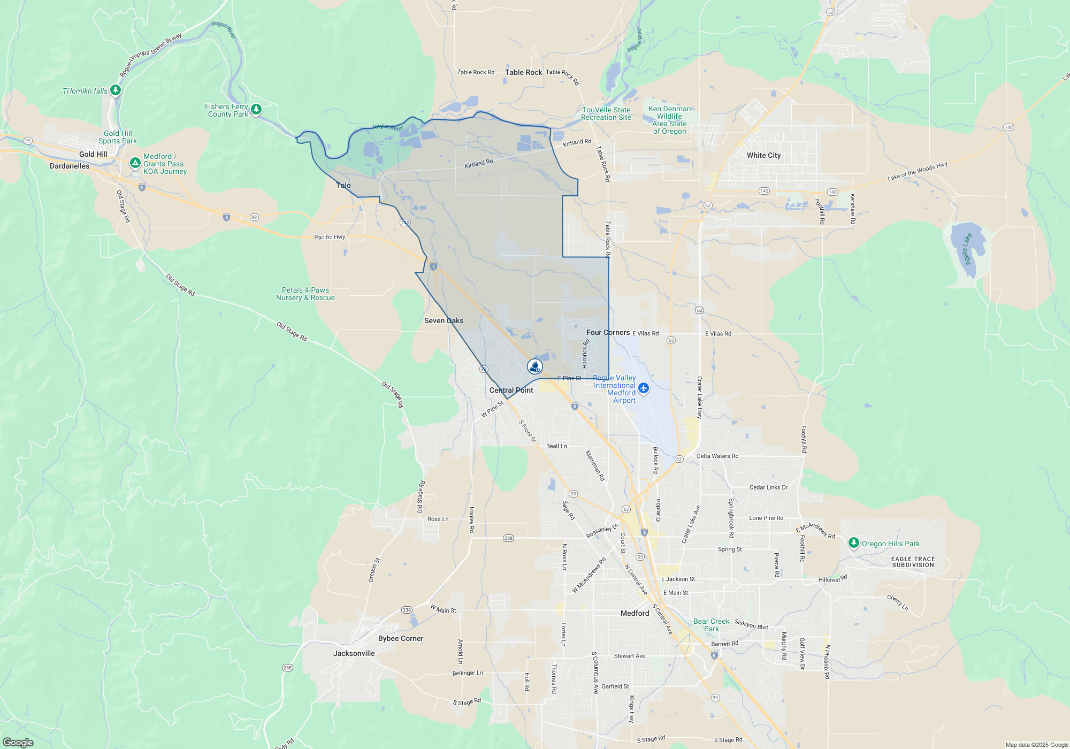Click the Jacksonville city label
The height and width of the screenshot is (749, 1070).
[354, 653]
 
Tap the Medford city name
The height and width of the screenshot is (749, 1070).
[635, 613]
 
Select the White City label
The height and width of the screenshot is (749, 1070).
[763, 155]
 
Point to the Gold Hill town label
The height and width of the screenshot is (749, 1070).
[93, 154]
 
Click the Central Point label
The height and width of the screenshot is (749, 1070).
[511, 390]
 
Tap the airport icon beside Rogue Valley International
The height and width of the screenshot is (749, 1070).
[644, 388]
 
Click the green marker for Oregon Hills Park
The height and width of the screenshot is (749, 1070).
[854, 543]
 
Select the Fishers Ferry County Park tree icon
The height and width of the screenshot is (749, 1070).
[256, 109]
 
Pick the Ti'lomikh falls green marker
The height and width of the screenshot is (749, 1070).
[115, 89]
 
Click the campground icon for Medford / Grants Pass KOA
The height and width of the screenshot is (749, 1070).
[135, 162]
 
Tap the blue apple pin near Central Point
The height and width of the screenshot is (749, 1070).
[534, 366]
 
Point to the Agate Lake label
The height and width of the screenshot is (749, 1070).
[967, 248]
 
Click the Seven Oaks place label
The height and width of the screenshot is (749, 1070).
[444, 320]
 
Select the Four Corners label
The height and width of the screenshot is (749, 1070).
[608, 332]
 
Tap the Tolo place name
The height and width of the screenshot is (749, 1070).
[343, 185]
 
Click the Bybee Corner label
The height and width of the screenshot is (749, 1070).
[400, 638]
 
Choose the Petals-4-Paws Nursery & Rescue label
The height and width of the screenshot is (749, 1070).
[305, 294]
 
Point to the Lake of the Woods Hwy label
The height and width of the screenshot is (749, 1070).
[917, 171]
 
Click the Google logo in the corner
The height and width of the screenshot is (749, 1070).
[18, 742]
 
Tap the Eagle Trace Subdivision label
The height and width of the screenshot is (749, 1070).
[913, 562]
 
